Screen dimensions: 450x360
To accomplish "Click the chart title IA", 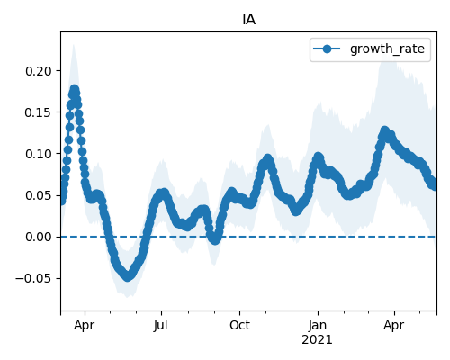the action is pos(248,20).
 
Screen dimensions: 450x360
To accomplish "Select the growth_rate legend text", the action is pos(387,49).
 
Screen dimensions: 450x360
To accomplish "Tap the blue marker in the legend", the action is pos(327,49).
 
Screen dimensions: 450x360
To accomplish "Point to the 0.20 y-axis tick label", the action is pos(39,71).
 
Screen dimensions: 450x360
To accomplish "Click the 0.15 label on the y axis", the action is pos(39,112).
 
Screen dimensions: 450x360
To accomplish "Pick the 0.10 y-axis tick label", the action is pos(39,154).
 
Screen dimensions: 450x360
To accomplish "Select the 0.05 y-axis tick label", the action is pos(39,195).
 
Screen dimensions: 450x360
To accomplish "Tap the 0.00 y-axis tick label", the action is pos(39,237).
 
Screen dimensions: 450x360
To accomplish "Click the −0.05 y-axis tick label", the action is pos(34,278).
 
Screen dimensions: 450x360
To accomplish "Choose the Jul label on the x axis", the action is pos(161,325).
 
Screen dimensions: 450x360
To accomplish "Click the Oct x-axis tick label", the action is pos(239,325).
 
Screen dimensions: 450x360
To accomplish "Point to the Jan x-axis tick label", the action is pos(318,325).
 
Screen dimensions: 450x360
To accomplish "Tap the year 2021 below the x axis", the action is pos(317,340).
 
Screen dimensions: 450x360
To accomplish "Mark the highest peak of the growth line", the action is pos(75,89).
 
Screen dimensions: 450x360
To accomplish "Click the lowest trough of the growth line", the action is pos(128,276).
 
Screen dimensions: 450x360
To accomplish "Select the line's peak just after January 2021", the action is pos(319,157).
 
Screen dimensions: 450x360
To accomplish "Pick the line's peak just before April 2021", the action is pos(384,131).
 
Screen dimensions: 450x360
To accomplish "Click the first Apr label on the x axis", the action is pos(85,325).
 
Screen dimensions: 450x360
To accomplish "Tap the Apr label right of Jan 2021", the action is pos(394,325).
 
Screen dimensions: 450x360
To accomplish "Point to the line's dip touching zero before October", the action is pos(215,239).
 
